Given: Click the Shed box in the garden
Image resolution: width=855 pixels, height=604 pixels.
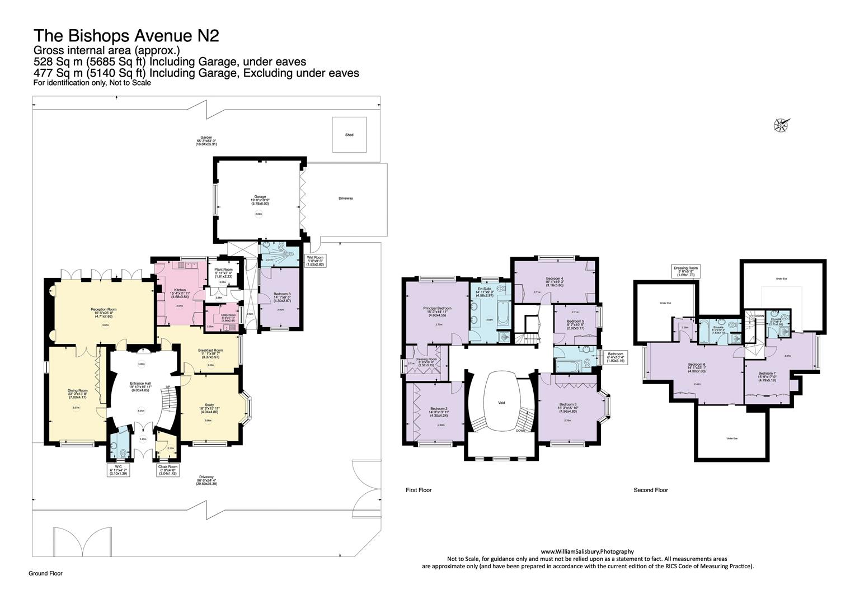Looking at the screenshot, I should [x=349, y=135].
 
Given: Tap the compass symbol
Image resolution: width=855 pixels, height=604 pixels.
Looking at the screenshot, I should [x=781, y=124].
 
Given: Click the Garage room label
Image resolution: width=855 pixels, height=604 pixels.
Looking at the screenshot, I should [x=260, y=200].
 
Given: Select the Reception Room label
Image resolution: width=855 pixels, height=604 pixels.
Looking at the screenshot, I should [x=104, y=312].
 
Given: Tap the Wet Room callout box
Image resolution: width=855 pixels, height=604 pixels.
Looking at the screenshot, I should [x=315, y=261].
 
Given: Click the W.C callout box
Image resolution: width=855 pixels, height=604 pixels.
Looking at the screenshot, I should [x=118, y=470].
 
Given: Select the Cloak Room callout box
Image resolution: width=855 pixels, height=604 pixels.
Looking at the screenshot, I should [x=168, y=470].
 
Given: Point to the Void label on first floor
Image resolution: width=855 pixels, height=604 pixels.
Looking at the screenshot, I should [x=501, y=402].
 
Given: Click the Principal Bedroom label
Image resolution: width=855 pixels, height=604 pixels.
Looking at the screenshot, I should [x=437, y=311].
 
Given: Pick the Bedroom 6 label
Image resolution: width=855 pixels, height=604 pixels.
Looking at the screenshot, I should [x=697, y=367].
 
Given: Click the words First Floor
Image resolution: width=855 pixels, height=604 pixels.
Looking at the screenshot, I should [x=419, y=490].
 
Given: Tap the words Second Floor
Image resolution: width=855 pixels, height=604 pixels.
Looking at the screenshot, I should [x=651, y=490].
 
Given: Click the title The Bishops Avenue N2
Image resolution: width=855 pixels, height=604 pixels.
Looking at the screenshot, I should [x=126, y=36].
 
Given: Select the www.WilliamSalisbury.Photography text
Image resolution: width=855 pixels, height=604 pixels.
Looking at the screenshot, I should [x=587, y=551].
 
